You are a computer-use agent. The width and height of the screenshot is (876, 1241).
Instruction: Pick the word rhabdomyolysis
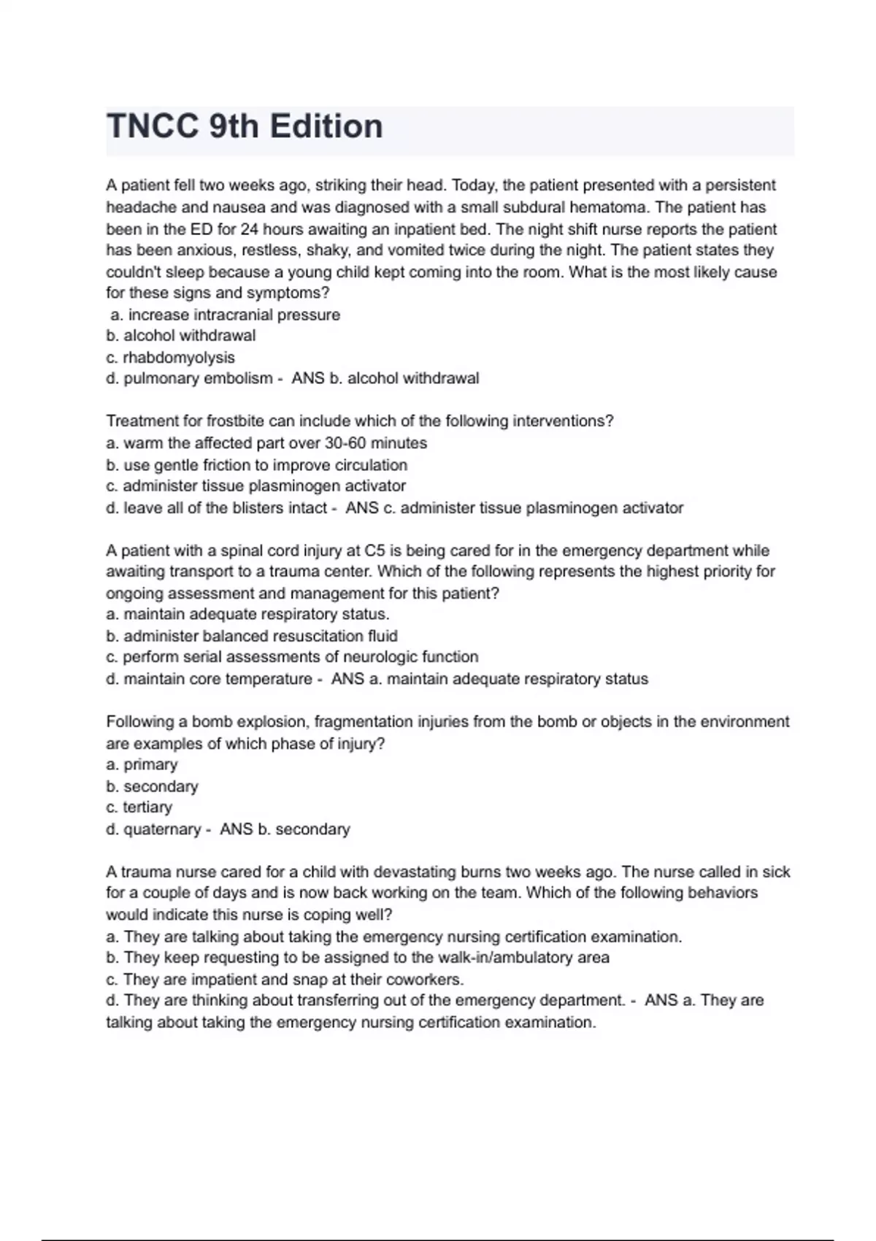(179, 358)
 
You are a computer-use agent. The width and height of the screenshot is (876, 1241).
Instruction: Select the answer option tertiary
(147, 807)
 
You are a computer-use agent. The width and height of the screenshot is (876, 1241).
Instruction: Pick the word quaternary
(162, 829)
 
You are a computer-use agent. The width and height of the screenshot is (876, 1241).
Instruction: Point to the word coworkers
(423, 980)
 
